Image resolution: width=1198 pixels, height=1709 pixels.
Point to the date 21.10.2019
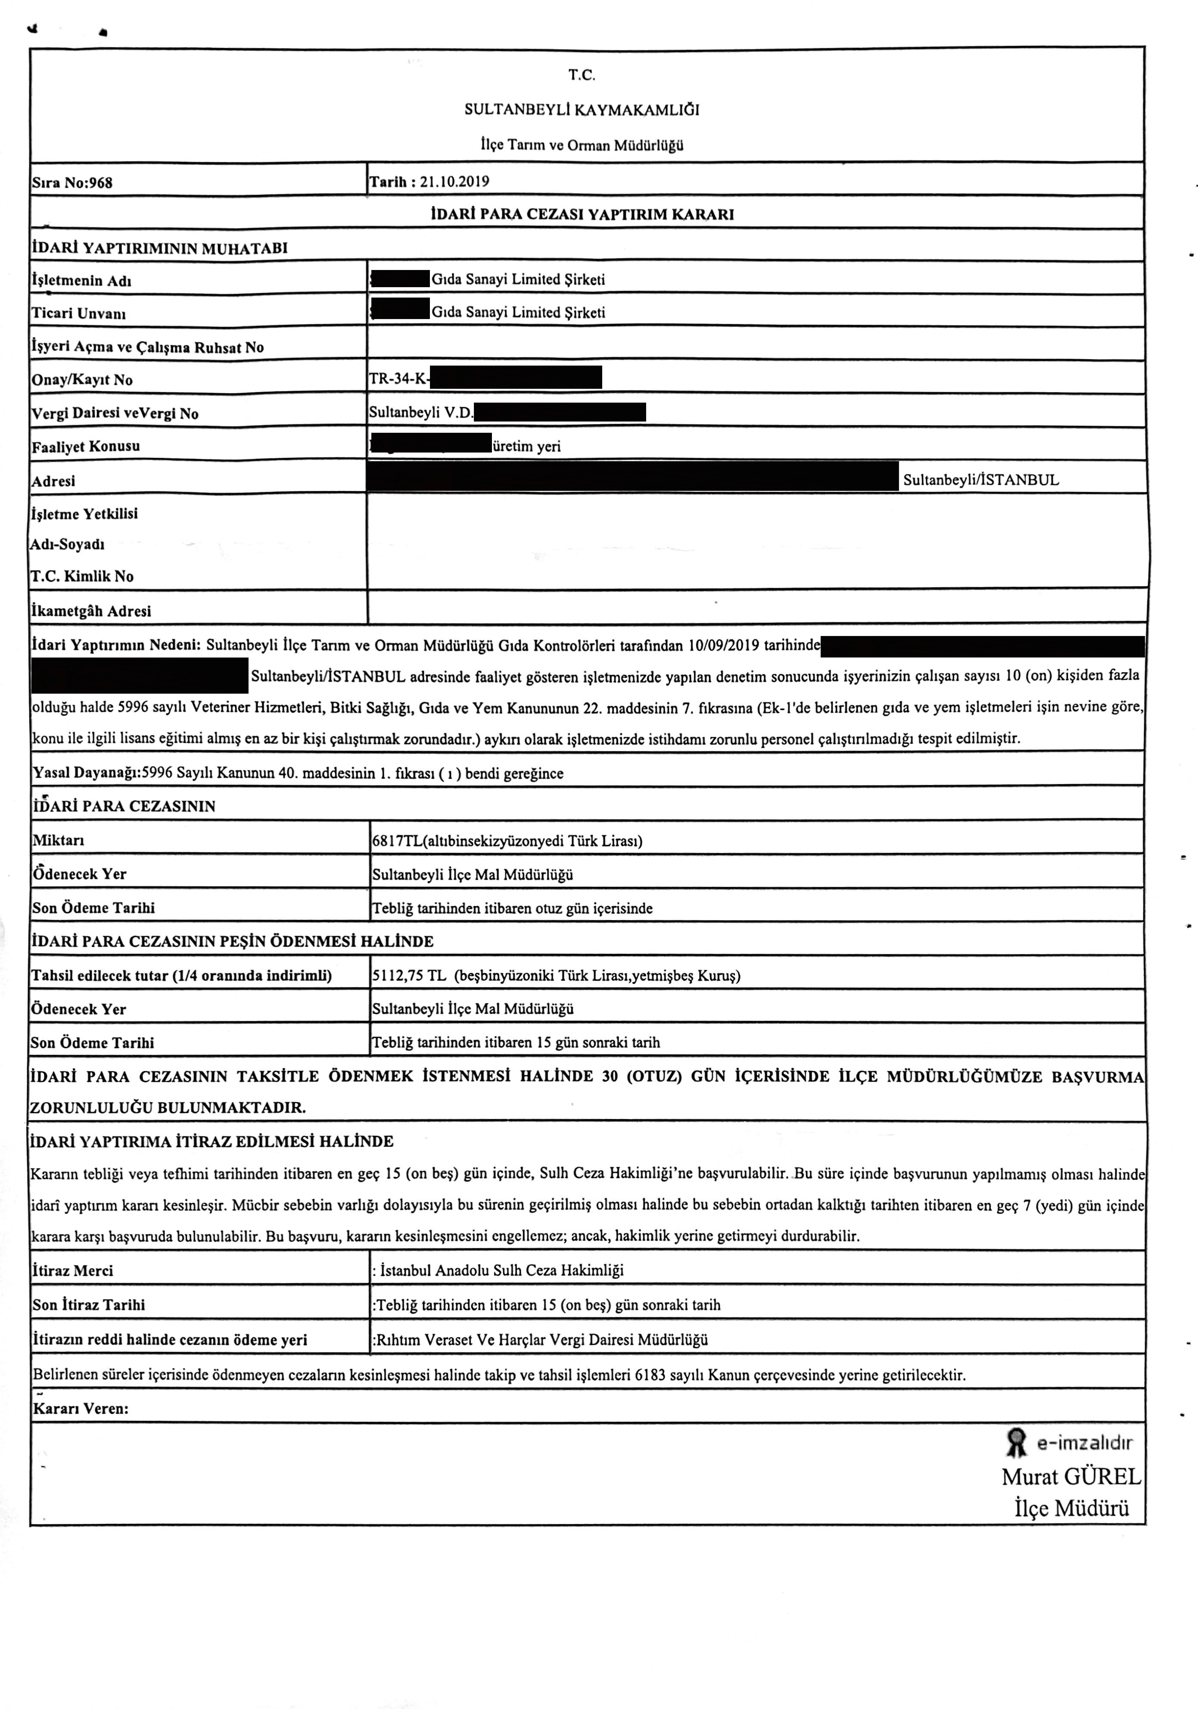[x=454, y=181]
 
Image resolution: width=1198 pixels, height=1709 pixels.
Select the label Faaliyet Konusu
[x=86, y=447]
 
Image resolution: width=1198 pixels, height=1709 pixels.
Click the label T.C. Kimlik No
[x=82, y=576]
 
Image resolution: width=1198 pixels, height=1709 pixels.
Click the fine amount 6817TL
[x=397, y=841]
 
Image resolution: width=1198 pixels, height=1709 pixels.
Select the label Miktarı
[x=58, y=841]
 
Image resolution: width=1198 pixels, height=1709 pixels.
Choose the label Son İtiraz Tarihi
[x=88, y=1305]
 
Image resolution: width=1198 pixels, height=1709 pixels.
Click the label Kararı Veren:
[x=81, y=1408]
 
